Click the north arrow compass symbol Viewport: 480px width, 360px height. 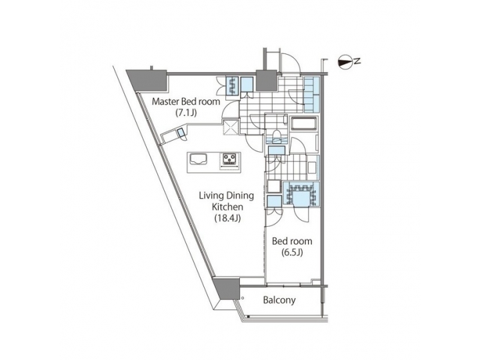click(346, 62)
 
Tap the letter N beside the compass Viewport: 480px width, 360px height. click(358, 62)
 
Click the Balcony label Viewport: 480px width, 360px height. click(279, 300)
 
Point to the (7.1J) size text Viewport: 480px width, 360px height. click(186, 113)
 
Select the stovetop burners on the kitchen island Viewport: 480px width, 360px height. click(231, 159)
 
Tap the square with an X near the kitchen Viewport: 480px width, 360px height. click(231, 126)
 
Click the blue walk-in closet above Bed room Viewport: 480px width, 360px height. click(301, 194)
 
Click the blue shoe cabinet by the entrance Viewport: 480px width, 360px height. click(312, 94)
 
